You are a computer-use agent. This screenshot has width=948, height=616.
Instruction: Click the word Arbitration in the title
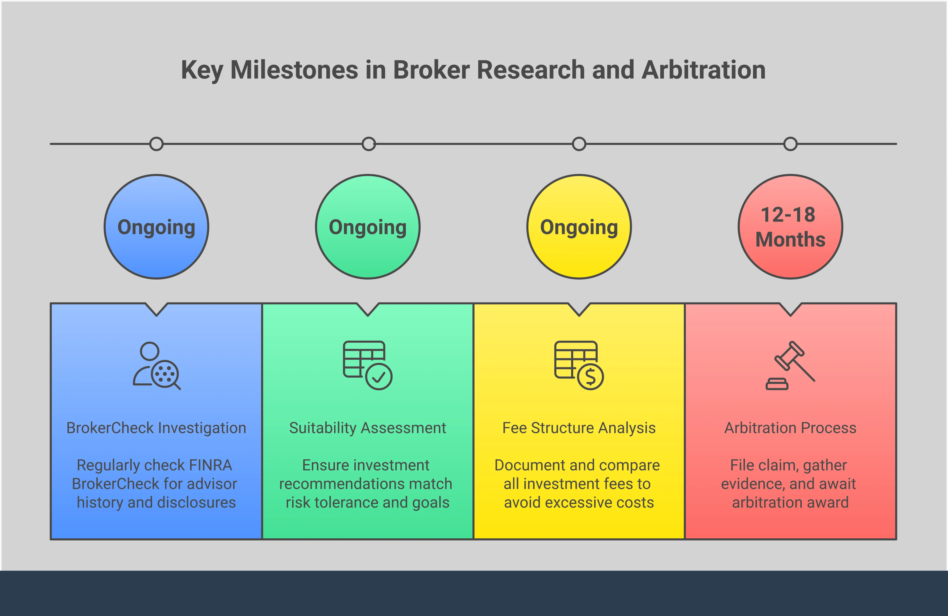pyautogui.click(x=703, y=70)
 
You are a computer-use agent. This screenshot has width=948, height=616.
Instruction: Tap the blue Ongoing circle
pyautogui.click(x=156, y=227)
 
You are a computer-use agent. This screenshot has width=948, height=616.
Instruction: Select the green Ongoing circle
pyautogui.click(x=368, y=227)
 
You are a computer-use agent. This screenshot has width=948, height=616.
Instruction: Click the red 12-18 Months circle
pyautogui.click(x=790, y=227)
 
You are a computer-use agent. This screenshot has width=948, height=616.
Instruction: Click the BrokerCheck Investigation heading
pyautogui.click(x=156, y=428)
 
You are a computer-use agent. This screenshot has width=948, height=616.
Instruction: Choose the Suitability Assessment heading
pyautogui.click(x=367, y=428)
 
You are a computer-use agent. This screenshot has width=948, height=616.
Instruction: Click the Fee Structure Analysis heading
pyautogui.click(x=579, y=428)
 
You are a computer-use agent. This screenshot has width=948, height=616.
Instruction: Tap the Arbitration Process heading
pyautogui.click(x=790, y=428)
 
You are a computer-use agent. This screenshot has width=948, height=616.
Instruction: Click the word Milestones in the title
pyautogui.click(x=294, y=70)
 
